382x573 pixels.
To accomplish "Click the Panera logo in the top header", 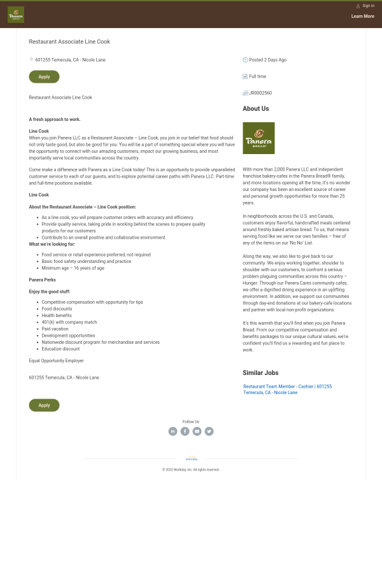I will coord(16,15).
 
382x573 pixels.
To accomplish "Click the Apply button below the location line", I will coord(44,77).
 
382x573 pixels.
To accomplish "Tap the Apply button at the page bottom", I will coord(44,405).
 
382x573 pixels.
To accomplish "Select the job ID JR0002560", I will coord(260,93).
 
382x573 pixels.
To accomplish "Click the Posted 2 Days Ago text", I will coord(267,60).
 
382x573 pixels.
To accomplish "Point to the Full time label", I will coord(257,76).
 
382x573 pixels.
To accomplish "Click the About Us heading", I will coord(255,109).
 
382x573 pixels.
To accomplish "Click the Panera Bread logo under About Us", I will coord(258,138).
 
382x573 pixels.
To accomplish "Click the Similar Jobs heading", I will coord(260,373).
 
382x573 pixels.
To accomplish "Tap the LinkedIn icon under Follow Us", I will coord(173,431).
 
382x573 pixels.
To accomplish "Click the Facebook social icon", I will coord(185,431).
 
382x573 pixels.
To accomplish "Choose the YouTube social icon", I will coord(197,431).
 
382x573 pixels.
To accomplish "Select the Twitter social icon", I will coord(209,431).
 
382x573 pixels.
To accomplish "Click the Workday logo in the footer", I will coord(191,458).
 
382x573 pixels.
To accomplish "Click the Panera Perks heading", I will coord(42,280).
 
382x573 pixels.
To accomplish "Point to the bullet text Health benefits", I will coord(57,316).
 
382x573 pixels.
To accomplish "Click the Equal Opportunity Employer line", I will coord(56,361).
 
